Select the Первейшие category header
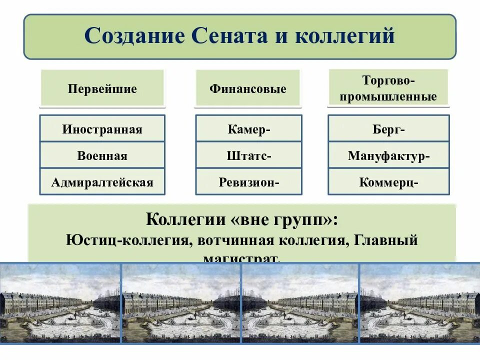102,89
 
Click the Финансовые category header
248,89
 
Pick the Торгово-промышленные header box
388,88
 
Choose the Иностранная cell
102,129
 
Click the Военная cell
102,155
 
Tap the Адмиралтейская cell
102,181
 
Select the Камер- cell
248,129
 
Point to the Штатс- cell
248,155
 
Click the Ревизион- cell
248,181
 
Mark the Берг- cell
388,129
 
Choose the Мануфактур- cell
388,155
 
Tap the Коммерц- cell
388,181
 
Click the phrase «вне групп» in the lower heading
285,219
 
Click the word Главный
385,240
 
